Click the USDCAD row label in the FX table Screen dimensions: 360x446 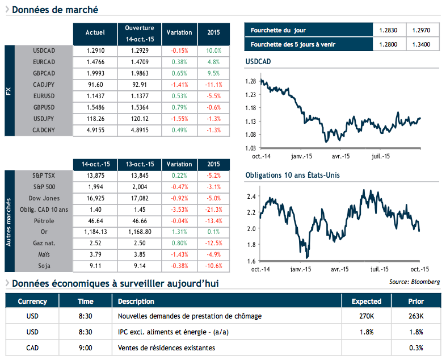[44, 51]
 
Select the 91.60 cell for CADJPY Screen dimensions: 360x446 [95, 85]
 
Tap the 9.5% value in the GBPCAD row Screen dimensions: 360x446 [213, 73]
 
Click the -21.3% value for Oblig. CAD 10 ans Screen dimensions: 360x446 [213, 210]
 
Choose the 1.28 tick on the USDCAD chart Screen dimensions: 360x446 [250, 81]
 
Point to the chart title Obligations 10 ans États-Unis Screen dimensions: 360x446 [292, 175]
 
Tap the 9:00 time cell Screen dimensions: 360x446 [85, 348]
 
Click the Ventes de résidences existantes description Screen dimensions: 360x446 [166, 348]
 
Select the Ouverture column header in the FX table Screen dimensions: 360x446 [140, 33]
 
